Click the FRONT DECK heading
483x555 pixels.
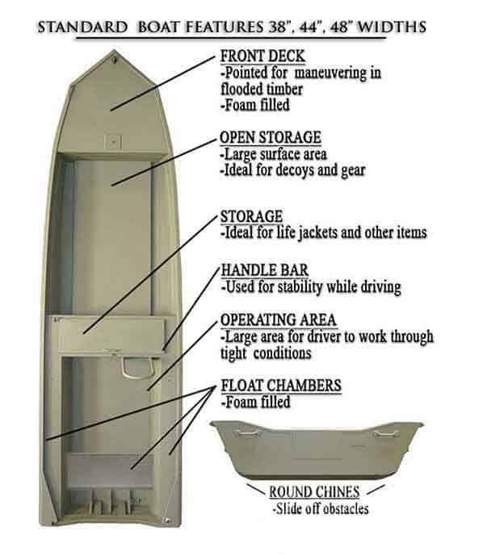(x=262, y=56)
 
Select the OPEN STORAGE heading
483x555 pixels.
(x=271, y=137)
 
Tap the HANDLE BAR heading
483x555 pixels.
(x=265, y=270)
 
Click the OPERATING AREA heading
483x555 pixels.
(x=278, y=320)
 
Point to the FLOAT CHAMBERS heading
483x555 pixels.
(x=281, y=386)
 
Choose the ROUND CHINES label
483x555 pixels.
(x=314, y=492)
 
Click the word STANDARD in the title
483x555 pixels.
(x=83, y=27)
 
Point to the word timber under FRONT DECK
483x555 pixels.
(x=284, y=89)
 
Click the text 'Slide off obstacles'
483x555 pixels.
(x=321, y=509)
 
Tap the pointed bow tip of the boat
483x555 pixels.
(x=114, y=52)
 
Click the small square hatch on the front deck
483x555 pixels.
(x=114, y=142)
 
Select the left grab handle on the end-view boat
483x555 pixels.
(x=246, y=432)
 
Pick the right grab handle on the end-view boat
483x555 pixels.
(x=386, y=432)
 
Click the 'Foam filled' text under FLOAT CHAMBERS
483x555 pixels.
(x=256, y=402)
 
